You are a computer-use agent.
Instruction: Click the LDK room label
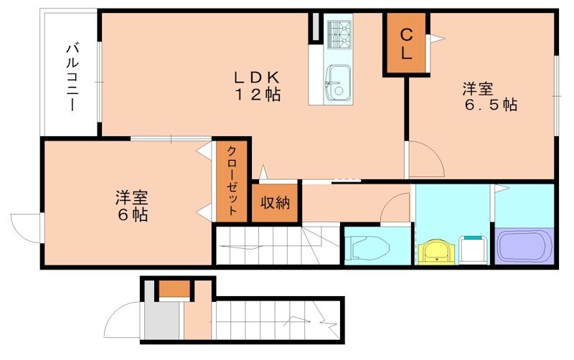pyautogui.click(x=257, y=77)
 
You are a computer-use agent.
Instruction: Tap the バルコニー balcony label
pyautogui.click(x=72, y=77)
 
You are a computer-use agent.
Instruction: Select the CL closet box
pyautogui.click(x=406, y=44)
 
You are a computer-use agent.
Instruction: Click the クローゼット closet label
pyautogui.click(x=232, y=181)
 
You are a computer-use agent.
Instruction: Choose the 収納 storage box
pyautogui.click(x=275, y=202)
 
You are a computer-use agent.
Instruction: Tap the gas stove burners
pyautogui.click(x=339, y=34)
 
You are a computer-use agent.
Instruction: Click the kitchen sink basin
pyautogui.click(x=338, y=82)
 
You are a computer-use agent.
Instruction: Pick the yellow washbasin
pyautogui.click(x=436, y=252)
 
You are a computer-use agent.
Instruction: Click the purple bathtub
pyautogui.click(x=524, y=246)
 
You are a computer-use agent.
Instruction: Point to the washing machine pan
pyautogui.click(x=473, y=250)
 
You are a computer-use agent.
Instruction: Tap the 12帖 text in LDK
pyautogui.click(x=258, y=95)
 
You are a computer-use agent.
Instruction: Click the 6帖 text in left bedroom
pyautogui.click(x=132, y=214)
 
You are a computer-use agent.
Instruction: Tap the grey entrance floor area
pyautogui.click(x=161, y=319)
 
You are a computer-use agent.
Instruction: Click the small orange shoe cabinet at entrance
pyautogui.click(x=174, y=289)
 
